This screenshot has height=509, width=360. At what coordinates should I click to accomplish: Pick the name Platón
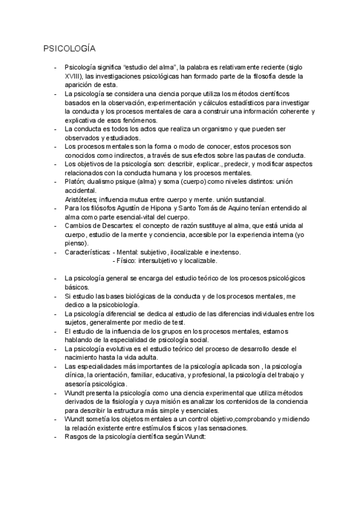click(x=74, y=181)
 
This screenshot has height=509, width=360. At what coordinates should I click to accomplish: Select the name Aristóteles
click(x=81, y=199)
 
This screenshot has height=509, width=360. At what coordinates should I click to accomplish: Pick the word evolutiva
click(x=121, y=348)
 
